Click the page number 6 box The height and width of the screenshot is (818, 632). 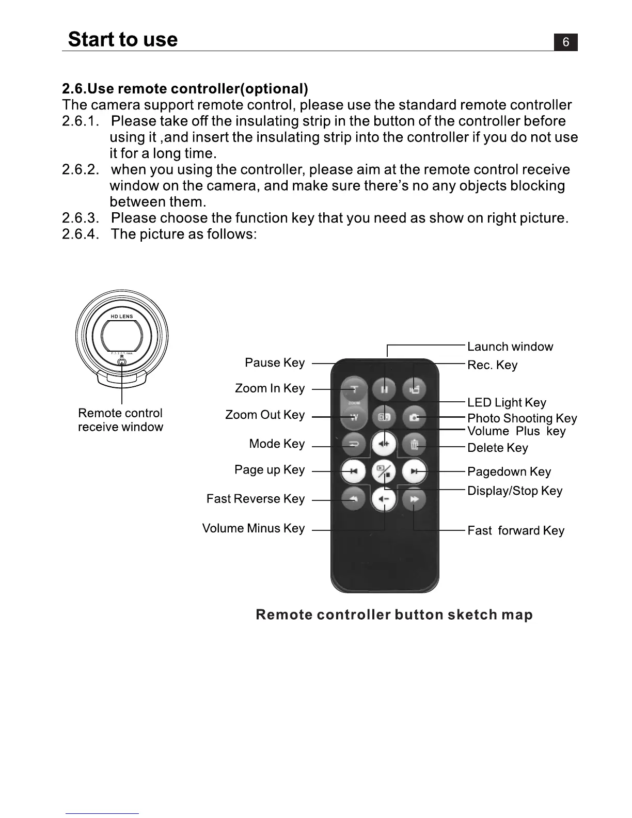pos(565,42)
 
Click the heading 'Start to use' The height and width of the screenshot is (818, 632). pos(123,39)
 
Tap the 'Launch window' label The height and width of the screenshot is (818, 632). pos(510,347)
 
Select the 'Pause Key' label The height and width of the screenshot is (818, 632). pos(275,363)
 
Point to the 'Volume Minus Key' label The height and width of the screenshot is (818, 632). pos(254,528)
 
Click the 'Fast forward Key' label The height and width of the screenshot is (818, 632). pos(515,530)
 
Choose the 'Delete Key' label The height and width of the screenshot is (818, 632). pos(497,448)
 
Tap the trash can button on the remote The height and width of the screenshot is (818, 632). pos(414,444)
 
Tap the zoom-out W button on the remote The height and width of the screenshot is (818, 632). pos(354,417)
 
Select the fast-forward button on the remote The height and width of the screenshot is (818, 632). pos(414,499)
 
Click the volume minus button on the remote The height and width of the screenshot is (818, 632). pos(384,499)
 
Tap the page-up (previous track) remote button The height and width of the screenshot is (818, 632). pos(354,471)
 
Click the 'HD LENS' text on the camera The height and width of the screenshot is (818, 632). pos(122,317)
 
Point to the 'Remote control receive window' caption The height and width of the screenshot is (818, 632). pos(120,420)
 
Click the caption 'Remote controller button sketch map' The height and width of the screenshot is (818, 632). pos(394,615)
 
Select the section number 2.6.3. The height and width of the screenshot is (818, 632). pos(80,218)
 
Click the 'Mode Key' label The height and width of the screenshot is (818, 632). pos(277,444)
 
